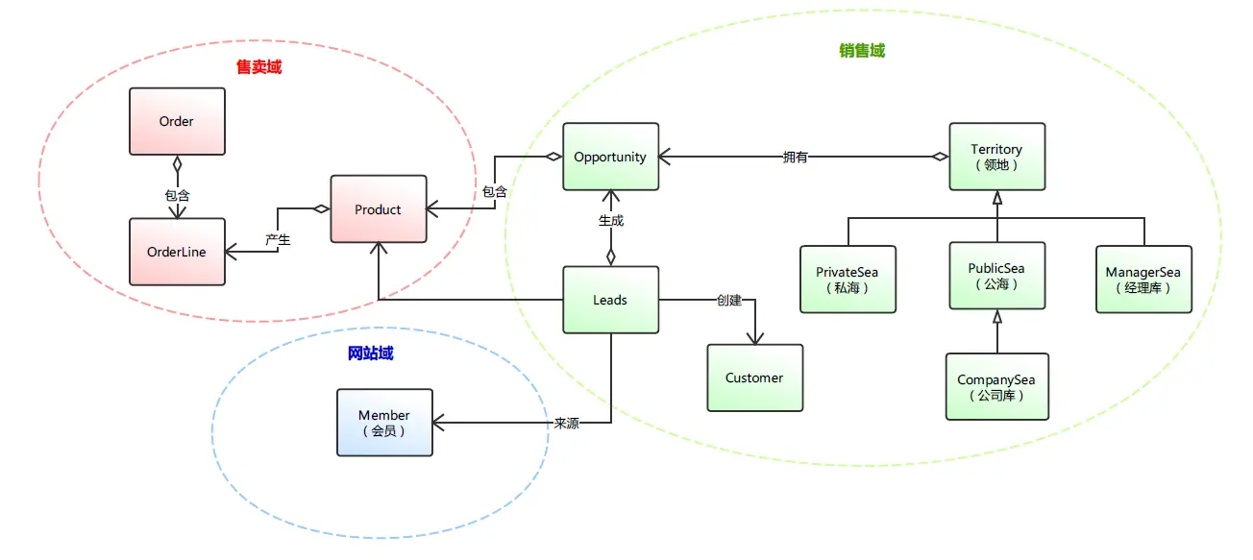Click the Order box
pyautogui.click(x=178, y=121)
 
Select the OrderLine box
pyautogui.click(x=178, y=252)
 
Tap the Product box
pyautogui.click(x=379, y=209)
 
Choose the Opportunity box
pyautogui.click(x=611, y=157)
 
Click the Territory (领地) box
pyautogui.click(x=997, y=157)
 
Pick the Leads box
pyautogui.click(x=611, y=300)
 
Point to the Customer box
pyautogui.click(x=755, y=377)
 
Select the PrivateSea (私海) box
pyautogui.click(x=848, y=280)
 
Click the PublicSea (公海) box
pyautogui.click(x=997, y=276)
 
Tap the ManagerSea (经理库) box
pyautogui.click(x=1143, y=280)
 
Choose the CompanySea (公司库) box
pyautogui.click(x=997, y=386)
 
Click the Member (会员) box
pyautogui.click(x=385, y=423)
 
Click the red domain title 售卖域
pyautogui.click(x=259, y=67)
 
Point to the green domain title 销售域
pyautogui.click(x=862, y=51)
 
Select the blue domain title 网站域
pyautogui.click(x=370, y=353)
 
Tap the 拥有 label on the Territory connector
pyautogui.click(x=795, y=158)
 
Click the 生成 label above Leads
pyautogui.click(x=611, y=221)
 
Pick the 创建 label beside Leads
pyautogui.click(x=729, y=301)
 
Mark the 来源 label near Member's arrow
pyautogui.click(x=567, y=424)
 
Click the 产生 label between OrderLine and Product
pyautogui.click(x=278, y=240)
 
